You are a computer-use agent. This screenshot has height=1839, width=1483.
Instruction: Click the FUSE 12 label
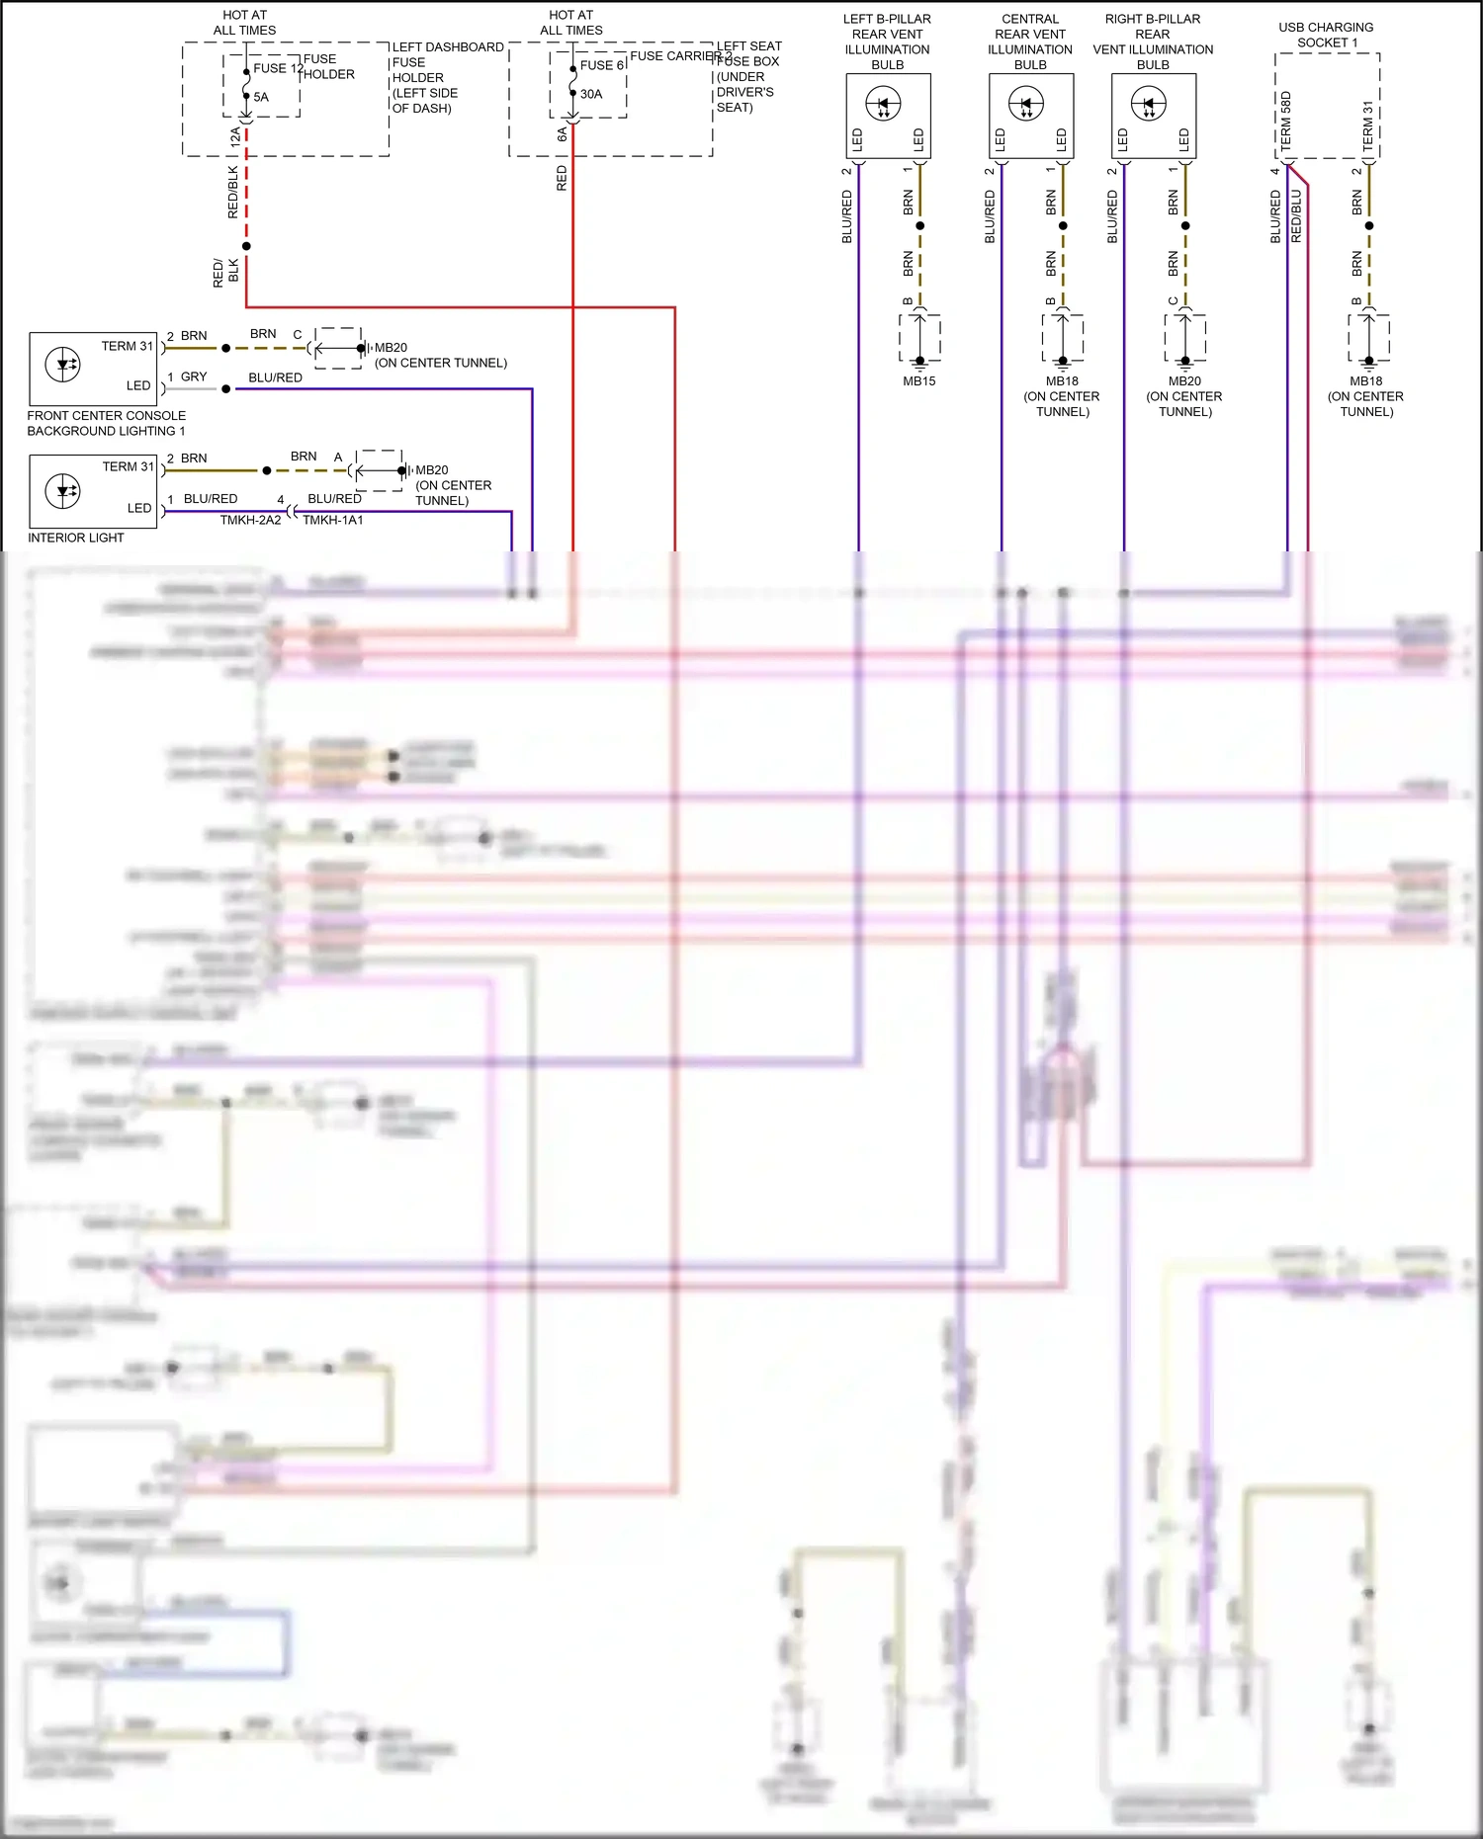271,68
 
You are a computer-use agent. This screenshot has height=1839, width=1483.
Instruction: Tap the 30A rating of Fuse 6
591,95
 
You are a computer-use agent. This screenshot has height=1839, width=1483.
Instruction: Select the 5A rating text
261,98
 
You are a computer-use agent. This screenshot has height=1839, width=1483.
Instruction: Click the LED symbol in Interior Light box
63,491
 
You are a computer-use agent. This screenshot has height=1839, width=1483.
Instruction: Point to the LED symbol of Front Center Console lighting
63,365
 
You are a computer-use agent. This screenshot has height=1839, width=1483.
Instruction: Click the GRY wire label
194,377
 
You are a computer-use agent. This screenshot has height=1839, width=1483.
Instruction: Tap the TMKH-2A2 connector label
250,521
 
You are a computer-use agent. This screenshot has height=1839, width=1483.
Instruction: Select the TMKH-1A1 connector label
333,521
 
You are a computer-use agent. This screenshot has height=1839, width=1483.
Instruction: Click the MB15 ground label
918,381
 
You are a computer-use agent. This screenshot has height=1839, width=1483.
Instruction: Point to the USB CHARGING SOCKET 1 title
1326,36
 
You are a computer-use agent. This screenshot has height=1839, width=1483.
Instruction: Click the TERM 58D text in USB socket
1286,122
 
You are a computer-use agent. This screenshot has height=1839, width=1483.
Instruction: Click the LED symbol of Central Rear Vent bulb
1026,104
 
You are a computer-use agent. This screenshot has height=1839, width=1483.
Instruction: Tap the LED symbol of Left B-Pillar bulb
883,104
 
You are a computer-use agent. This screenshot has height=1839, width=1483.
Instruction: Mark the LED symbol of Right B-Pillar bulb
1149,104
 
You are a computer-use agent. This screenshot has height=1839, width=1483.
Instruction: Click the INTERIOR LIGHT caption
76,539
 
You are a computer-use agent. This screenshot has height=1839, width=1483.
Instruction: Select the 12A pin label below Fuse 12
234,137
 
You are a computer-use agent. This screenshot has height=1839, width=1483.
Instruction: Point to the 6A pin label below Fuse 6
562,134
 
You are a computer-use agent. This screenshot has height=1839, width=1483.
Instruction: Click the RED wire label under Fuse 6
562,179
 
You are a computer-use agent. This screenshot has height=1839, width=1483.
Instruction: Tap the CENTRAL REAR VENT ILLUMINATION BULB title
1030,42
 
